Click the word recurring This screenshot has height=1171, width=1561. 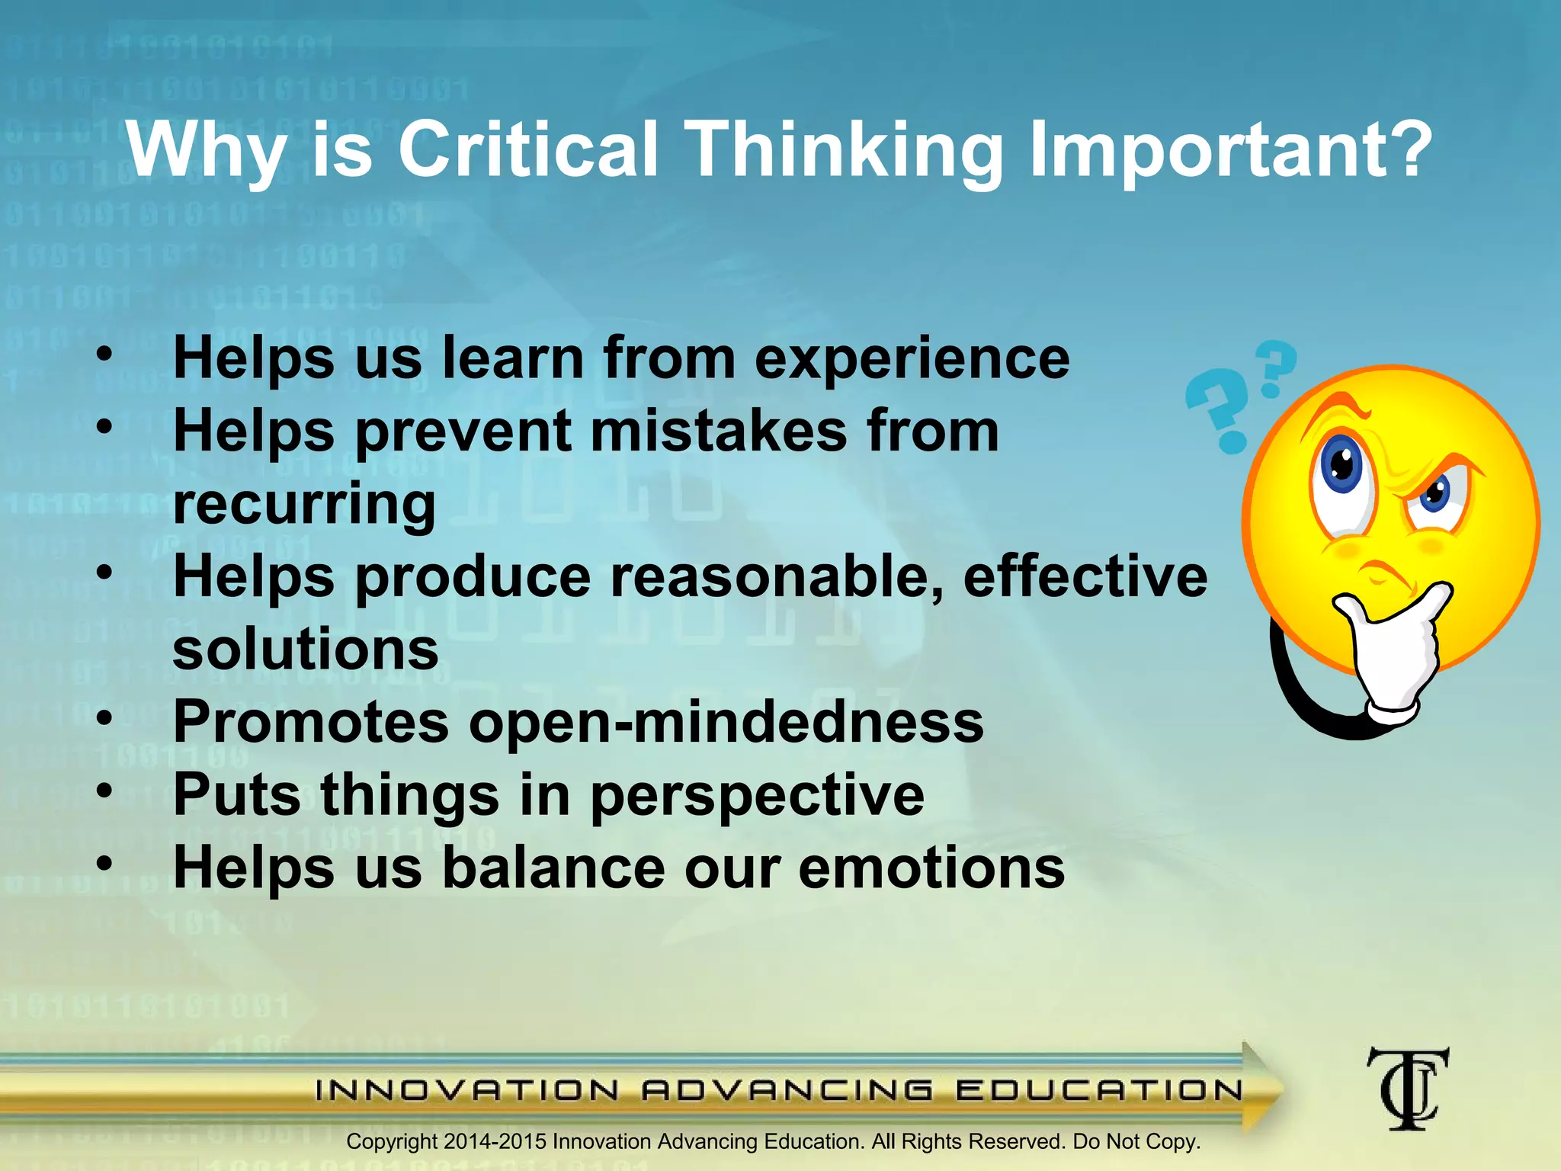coord(304,505)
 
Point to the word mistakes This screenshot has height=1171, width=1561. coord(718,432)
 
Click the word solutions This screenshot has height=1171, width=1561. coord(306,650)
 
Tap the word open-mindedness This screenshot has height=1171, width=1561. coord(726,722)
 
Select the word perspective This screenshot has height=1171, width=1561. coord(757,795)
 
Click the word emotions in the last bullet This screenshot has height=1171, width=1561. coord(931,868)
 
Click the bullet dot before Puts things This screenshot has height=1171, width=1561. coord(104,791)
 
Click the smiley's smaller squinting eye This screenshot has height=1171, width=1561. coord(1437,496)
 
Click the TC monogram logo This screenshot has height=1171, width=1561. coord(1407,1089)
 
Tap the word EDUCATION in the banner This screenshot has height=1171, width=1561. coord(1098,1090)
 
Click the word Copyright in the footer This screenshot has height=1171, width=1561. coord(392,1142)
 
